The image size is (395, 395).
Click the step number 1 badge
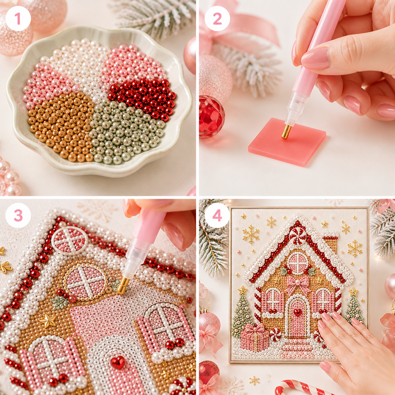tap(18, 19)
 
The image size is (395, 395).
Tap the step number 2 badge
tap(217, 19)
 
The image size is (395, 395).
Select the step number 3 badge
tap(18, 215)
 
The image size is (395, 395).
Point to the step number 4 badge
tap(217, 215)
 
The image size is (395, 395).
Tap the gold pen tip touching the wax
tap(286, 132)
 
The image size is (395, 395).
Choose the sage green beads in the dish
tap(125, 131)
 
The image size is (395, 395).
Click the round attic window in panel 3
tap(85, 283)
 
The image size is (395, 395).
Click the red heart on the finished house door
tap(297, 312)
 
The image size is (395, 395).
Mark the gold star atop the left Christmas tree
tap(243, 290)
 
